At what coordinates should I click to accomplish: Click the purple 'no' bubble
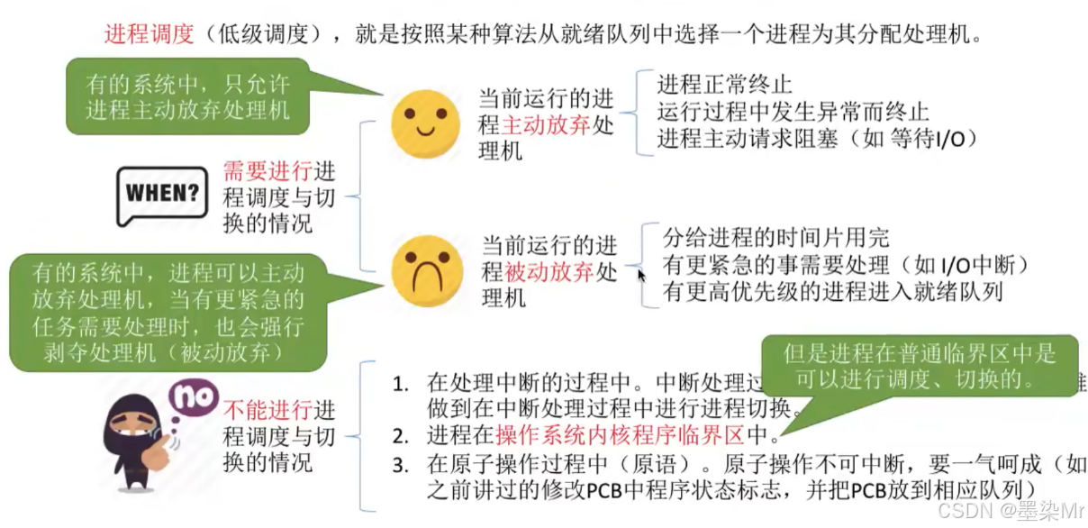pyautogui.click(x=194, y=397)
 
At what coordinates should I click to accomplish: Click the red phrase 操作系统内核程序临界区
pyautogui.click(x=620, y=436)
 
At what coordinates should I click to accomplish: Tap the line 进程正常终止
pyautogui.click(x=724, y=86)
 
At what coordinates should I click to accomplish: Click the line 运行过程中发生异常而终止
pyautogui.click(x=793, y=112)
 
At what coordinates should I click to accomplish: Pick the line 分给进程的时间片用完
pyautogui.click(x=775, y=238)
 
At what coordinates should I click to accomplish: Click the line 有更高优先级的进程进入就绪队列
pyautogui.click(x=832, y=291)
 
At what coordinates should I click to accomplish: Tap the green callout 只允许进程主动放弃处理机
pyautogui.click(x=187, y=97)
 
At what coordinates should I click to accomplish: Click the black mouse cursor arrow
pyautogui.click(x=641, y=275)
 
